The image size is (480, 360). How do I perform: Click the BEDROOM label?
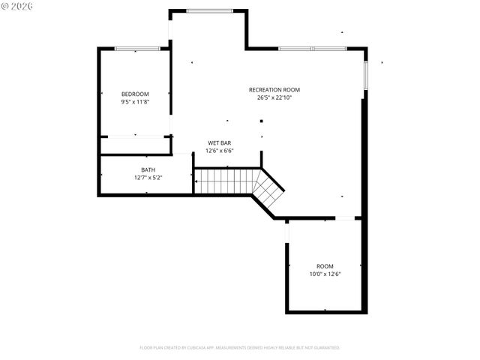(135, 94)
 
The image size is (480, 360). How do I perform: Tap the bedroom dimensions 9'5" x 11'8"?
(135, 101)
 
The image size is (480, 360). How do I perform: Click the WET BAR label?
(220, 142)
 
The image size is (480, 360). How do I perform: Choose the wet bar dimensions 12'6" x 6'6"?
(220, 151)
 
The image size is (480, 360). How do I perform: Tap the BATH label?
(148, 169)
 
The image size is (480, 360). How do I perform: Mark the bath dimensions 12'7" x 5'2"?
(148, 178)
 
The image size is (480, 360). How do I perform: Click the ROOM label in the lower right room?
(325, 266)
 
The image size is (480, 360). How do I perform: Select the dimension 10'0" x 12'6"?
(325, 274)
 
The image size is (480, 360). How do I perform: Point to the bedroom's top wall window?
(136, 49)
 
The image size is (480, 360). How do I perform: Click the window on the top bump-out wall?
(209, 10)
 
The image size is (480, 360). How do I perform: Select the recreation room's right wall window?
(365, 75)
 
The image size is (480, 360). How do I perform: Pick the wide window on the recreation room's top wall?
(312, 49)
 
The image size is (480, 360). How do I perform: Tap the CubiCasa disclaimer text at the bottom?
(240, 348)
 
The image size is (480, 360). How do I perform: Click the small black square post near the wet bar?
(261, 120)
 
